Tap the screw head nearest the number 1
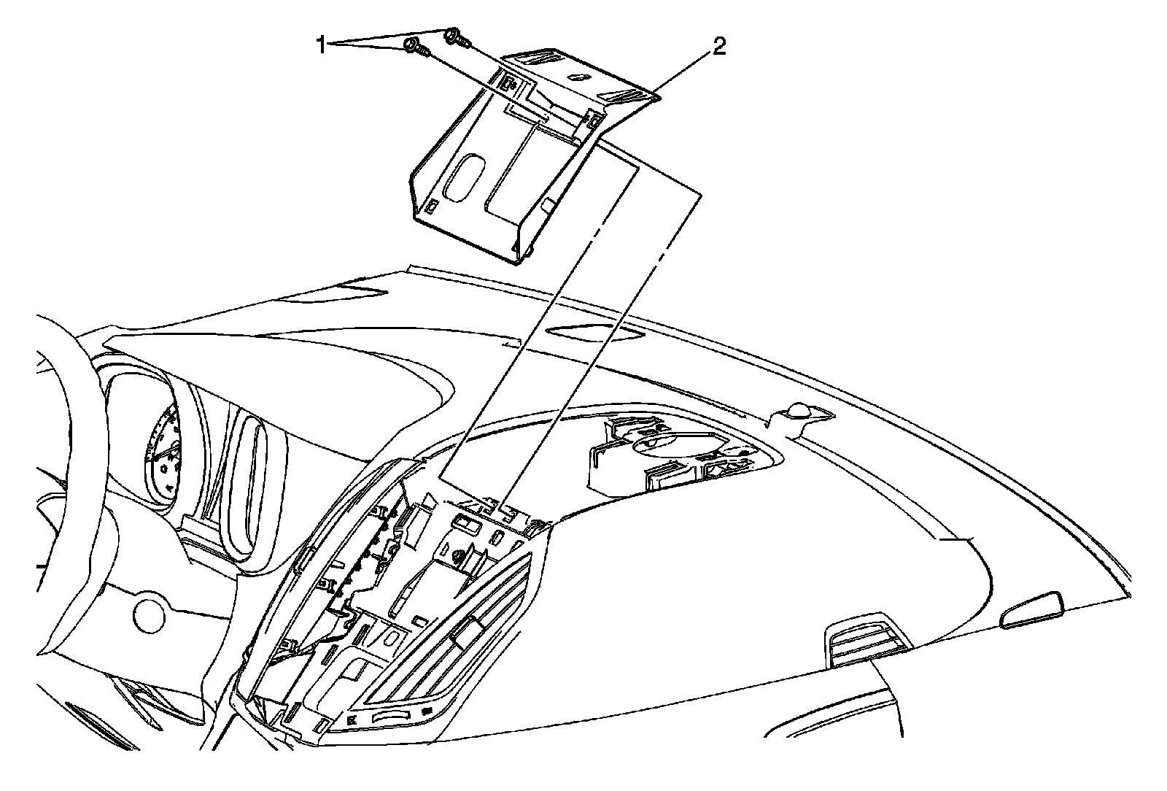point(413,47)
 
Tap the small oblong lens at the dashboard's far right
point(1032,610)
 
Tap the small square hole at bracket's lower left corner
point(432,207)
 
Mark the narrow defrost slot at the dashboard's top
point(594,333)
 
